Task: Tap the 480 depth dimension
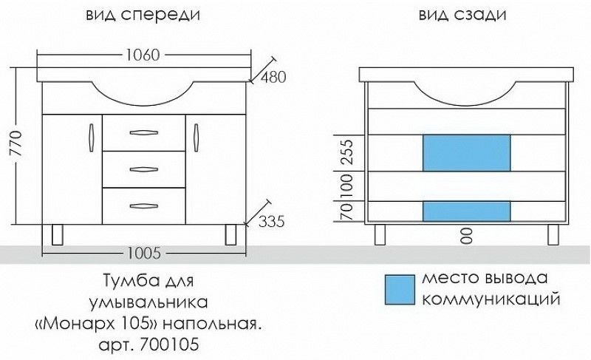[x=273, y=77]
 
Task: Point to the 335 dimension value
[x=272, y=220]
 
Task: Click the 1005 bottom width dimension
[x=143, y=254]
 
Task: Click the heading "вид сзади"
[x=456, y=15]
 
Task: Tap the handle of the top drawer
[x=144, y=133]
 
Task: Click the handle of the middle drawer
[x=144, y=170]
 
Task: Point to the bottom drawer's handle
[x=144, y=206]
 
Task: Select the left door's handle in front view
[x=91, y=136]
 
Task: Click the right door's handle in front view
[x=197, y=136]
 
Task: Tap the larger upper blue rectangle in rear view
[x=466, y=153]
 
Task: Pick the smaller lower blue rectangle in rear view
[x=466, y=211]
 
